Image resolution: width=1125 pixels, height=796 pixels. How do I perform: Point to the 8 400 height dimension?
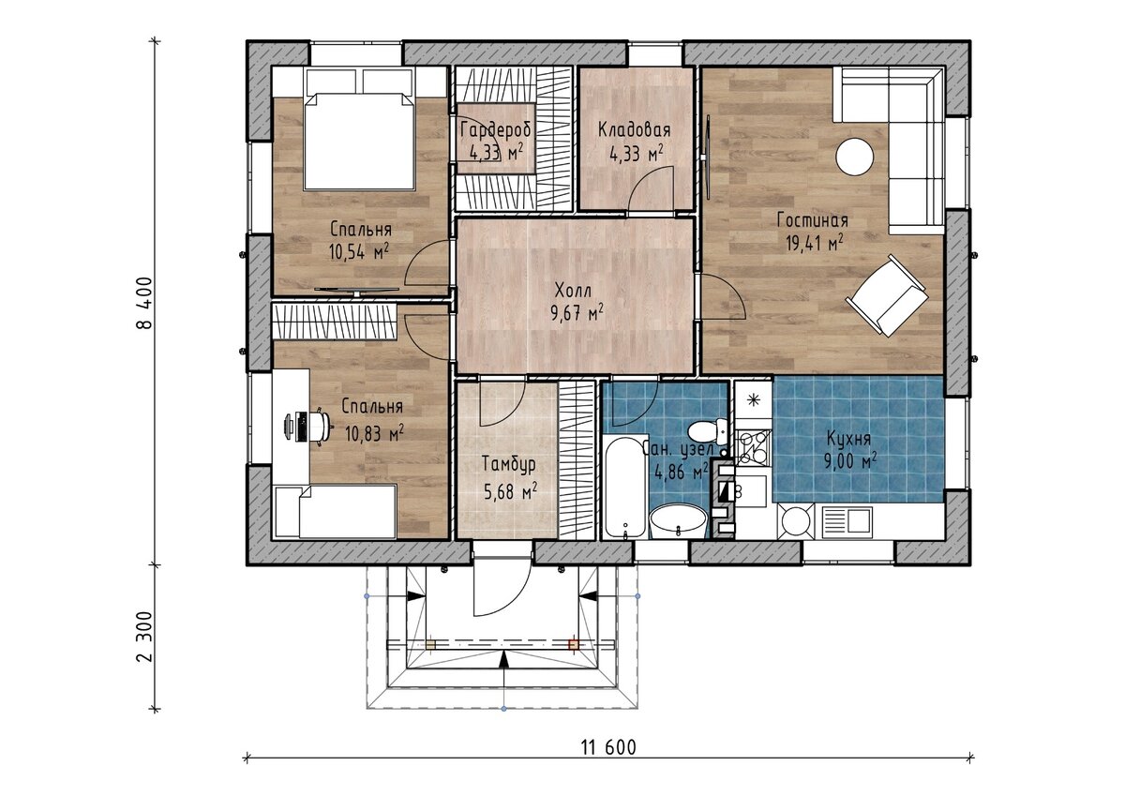pyautogui.click(x=144, y=302)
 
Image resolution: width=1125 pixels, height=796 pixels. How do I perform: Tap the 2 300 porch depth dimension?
pyautogui.click(x=144, y=637)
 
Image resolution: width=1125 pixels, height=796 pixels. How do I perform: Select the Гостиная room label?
pyautogui.click(x=813, y=220)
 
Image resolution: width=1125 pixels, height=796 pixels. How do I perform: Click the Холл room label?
pyautogui.click(x=573, y=291)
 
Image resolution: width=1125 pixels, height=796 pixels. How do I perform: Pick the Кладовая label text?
pyautogui.click(x=635, y=129)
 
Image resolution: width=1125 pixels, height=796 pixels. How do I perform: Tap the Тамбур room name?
pyautogui.click(x=509, y=464)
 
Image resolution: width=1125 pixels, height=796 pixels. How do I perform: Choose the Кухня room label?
pyautogui.click(x=848, y=440)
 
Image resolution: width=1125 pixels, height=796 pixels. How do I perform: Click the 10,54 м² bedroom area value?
pyautogui.click(x=359, y=251)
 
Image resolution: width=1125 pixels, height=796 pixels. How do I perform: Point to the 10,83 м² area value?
pyautogui.click(x=375, y=432)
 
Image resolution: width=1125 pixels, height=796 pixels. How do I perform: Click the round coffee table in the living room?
pyautogui.click(x=854, y=158)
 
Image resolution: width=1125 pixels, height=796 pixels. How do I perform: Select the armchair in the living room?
pyautogui.click(x=887, y=295)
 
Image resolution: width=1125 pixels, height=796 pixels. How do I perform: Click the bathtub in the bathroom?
pyautogui.click(x=625, y=488)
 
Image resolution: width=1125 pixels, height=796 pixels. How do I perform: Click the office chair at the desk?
pyautogui.click(x=318, y=427)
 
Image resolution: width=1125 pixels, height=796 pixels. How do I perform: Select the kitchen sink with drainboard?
pyautogui.click(x=847, y=519)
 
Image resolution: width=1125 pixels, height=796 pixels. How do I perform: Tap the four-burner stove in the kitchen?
pyautogui.click(x=753, y=447)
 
